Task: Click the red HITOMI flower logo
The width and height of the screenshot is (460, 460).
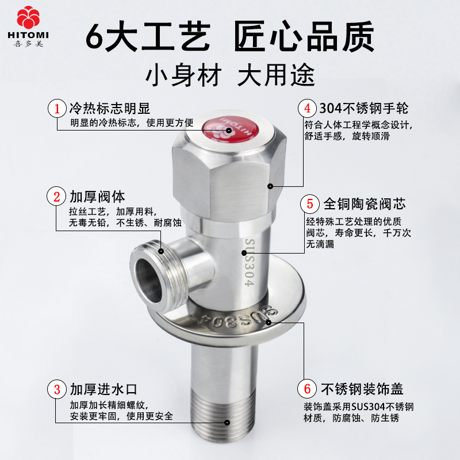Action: [x=28, y=17]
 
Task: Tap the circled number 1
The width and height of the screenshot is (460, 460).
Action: [x=57, y=109]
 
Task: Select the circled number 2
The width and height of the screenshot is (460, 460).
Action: [x=56, y=196]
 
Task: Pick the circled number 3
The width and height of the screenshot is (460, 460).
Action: [x=56, y=389]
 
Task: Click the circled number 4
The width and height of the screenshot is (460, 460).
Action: [x=307, y=108]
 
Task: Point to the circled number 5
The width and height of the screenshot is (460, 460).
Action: [x=310, y=204]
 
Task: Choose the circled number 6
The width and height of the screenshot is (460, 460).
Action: [x=307, y=389]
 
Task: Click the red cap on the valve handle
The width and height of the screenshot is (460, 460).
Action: [x=231, y=129]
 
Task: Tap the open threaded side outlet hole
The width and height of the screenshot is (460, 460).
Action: [x=148, y=281]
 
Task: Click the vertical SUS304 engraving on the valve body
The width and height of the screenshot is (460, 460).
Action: [x=250, y=262]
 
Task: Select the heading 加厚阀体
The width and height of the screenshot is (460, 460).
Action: [x=97, y=197]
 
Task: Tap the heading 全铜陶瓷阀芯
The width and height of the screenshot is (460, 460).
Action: [x=365, y=204]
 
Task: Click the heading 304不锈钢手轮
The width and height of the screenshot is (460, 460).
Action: [x=363, y=108]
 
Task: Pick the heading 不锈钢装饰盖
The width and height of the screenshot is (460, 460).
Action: [x=362, y=389]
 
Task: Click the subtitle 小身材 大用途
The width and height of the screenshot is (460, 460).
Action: [x=230, y=75]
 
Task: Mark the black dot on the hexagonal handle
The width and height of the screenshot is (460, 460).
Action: [x=270, y=186]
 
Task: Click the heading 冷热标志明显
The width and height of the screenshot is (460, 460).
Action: [x=110, y=108]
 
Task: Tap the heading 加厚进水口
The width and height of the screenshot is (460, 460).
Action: [x=103, y=389]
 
